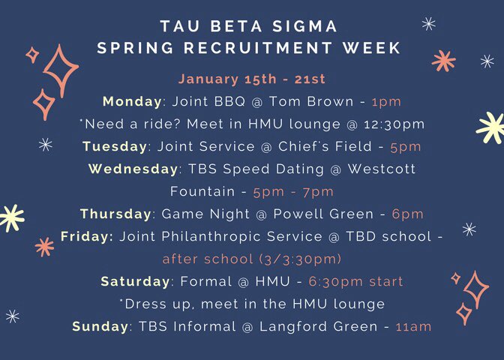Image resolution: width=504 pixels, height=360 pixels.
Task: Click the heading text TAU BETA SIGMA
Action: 249,27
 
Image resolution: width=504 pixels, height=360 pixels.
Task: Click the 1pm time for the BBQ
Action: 386,101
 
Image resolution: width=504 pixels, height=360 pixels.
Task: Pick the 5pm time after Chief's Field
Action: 406,146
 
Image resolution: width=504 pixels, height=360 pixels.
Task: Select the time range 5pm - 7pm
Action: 294,191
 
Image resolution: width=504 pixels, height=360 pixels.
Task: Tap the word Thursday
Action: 115,214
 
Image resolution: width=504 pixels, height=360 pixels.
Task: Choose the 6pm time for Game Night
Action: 407,214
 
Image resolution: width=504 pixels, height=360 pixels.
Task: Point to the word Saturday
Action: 135,281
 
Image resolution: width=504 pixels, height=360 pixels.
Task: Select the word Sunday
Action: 100,326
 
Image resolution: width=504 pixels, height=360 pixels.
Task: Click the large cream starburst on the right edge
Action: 491,127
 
